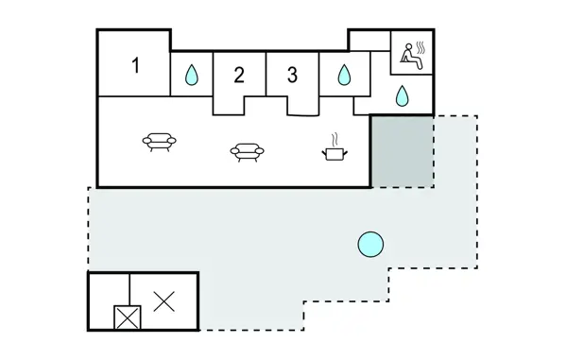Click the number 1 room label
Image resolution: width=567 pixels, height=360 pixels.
[135, 65]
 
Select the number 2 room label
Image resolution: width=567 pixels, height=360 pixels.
[239, 76]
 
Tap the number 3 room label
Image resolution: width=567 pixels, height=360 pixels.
[292, 76]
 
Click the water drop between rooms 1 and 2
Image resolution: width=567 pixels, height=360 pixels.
[191, 75]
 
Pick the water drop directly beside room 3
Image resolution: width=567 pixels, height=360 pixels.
[344, 75]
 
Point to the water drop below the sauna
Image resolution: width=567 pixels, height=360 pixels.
[402, 95]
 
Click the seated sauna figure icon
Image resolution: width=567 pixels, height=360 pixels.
[412, 56]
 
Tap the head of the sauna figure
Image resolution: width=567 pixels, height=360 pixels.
[408, 46]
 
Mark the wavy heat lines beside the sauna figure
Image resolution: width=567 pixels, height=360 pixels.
[421, 47]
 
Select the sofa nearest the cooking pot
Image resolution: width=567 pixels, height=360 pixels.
[248, 152]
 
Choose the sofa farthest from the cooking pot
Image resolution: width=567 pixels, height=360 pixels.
[159, 142]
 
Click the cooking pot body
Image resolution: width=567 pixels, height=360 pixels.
[335, 154]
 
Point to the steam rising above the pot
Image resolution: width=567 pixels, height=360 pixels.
[335, 140]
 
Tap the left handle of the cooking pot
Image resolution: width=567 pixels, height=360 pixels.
[323, 154]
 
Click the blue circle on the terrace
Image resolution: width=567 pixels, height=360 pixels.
[370, 245]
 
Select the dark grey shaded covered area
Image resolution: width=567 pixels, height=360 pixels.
[403, 151]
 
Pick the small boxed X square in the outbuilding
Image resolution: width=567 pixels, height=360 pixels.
[128, 317]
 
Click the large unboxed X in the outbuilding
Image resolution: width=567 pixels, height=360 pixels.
[163, 301]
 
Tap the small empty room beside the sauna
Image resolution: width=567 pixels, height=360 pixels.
[369, 41]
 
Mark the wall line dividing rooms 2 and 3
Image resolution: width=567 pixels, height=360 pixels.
[266, 74]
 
